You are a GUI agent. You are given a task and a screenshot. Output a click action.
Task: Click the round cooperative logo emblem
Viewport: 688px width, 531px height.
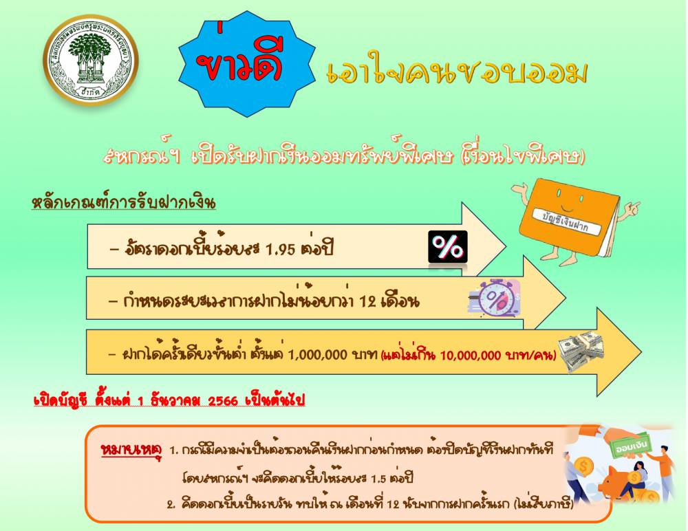tap(90, 60)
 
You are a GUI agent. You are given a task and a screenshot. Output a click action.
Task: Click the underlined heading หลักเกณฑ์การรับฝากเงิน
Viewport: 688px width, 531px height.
tap(124, 203)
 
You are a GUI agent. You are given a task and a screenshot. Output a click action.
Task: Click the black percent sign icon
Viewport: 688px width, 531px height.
tap(448, 247)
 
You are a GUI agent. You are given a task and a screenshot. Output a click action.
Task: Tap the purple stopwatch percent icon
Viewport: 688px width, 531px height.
tap(494, 298)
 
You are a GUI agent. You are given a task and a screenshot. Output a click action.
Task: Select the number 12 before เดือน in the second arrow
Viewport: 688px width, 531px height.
tap(367, 301)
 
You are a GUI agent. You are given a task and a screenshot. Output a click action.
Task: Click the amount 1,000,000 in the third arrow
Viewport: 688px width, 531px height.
tap(317, 354)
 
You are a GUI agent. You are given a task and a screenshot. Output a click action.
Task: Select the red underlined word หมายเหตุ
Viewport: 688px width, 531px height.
tap(131, 450)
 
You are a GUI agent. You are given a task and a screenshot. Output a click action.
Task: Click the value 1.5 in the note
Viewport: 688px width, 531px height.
tap(378, 478)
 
